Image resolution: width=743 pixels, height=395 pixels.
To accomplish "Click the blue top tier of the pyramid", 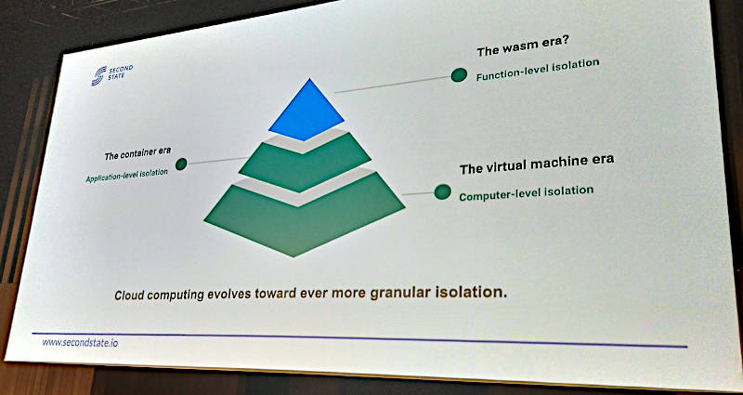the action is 307,112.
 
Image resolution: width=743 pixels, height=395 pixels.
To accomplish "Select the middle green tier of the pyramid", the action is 305,164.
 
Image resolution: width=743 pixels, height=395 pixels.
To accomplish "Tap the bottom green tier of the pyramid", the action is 304,216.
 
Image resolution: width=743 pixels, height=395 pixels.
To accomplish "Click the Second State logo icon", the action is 98,76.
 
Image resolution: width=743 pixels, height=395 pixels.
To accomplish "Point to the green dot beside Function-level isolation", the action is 459,75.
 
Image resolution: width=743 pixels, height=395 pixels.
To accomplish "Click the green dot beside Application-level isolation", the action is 181,165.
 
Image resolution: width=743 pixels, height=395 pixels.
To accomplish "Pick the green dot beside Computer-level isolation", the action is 443,192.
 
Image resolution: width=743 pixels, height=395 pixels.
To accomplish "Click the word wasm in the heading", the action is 515,48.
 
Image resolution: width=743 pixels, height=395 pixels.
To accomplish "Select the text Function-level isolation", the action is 538,70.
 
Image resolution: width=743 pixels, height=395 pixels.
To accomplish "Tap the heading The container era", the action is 137,153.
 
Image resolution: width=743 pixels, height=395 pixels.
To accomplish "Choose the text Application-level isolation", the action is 126,176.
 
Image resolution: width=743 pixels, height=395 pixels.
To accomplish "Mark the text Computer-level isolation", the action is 526,193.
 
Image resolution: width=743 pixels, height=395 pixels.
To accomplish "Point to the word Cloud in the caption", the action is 129,296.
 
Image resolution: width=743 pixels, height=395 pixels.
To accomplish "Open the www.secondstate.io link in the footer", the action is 80,342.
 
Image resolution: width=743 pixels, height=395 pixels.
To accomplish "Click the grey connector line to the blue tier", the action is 393,84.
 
